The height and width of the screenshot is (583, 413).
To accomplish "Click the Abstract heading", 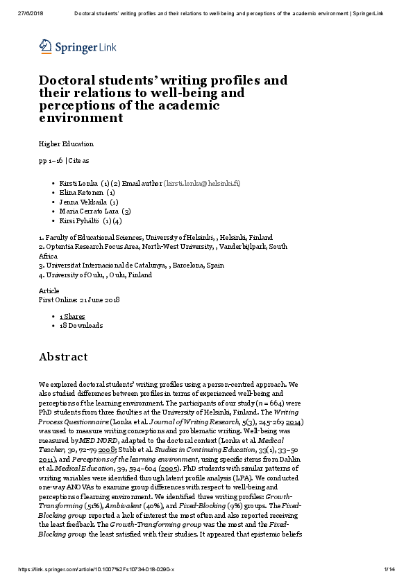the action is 63,357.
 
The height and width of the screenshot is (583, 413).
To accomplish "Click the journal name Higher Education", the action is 66,144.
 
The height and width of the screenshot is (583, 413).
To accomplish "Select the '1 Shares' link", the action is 72,316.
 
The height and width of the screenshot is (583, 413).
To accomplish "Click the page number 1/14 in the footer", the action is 389,570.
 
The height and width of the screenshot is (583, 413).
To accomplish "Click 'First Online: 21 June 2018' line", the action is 79,299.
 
